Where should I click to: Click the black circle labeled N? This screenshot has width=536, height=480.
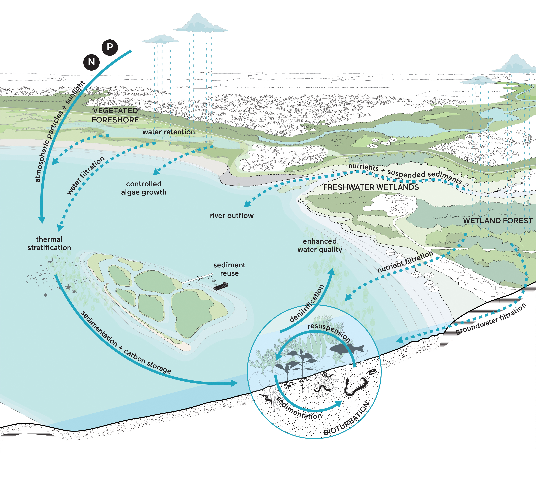[91, 62]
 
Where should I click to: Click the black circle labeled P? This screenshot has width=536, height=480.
[110, 47]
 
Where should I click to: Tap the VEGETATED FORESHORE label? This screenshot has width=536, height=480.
[115, 115]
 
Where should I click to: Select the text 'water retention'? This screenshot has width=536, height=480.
[169, 132]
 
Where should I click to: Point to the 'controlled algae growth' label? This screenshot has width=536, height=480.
[144, 188]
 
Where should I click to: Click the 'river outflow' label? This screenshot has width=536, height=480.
[232, 216]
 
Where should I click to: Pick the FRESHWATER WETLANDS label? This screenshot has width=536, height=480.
[371, 187]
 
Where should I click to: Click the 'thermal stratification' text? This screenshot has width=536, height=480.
[49, 243]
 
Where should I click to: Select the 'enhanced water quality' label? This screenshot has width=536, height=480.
[320, 245]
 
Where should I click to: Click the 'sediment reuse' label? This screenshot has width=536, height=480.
[229, 269]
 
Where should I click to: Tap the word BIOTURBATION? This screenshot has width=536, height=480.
[347, 419]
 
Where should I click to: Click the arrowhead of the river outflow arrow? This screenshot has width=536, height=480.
[247, 204]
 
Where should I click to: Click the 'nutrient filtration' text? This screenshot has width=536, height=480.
[405, 262]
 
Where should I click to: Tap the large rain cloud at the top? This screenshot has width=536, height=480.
[201, 24]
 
